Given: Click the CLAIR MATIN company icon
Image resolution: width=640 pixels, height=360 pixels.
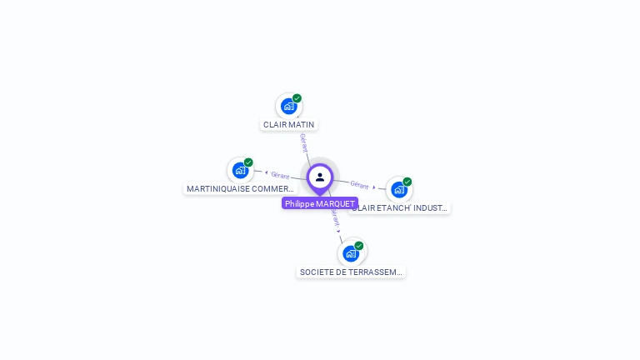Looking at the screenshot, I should [288, 106].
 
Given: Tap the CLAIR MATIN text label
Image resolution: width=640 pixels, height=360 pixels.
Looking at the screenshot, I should [288, 125].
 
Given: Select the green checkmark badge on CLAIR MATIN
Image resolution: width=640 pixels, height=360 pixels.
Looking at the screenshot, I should [297, 98].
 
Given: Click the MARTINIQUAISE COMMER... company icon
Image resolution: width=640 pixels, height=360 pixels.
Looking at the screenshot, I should [240, 170].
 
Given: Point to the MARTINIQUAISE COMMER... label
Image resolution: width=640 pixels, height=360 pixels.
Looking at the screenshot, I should [240, 189].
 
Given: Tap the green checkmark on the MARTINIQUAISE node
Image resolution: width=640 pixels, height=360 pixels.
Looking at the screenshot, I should [248, 162].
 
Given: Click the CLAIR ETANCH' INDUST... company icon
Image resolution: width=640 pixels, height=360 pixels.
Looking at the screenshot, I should [398, 189].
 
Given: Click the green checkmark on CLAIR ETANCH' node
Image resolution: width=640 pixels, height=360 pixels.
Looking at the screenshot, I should [407, 182].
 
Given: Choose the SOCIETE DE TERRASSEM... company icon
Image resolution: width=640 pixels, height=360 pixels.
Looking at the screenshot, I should [351, 253].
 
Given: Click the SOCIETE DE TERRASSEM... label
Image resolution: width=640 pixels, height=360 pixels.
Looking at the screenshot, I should [351, 272].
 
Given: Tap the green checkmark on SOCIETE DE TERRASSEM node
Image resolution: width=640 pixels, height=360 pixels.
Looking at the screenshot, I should [359, 246].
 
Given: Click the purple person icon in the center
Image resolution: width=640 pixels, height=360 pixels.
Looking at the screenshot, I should [320, 177].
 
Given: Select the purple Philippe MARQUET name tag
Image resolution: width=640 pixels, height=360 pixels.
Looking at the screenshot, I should [320, 203].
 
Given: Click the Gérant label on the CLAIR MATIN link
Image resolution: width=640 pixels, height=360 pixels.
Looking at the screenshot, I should [303, 142].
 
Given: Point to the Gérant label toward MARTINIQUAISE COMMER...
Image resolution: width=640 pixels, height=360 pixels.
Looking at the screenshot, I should [280, 175].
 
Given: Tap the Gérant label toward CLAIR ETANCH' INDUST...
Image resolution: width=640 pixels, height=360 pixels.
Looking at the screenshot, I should [359, 184].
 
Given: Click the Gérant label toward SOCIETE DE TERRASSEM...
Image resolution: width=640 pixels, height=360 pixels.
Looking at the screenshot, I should [335, 219].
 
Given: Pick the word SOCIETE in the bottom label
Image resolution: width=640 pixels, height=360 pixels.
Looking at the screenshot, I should [317, 272].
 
